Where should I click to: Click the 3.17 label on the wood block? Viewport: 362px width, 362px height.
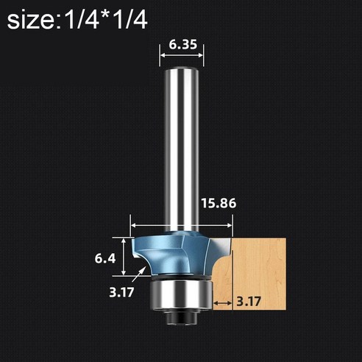250,300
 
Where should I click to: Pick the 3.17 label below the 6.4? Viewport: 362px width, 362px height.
121,290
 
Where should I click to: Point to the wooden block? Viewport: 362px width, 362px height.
258,272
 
